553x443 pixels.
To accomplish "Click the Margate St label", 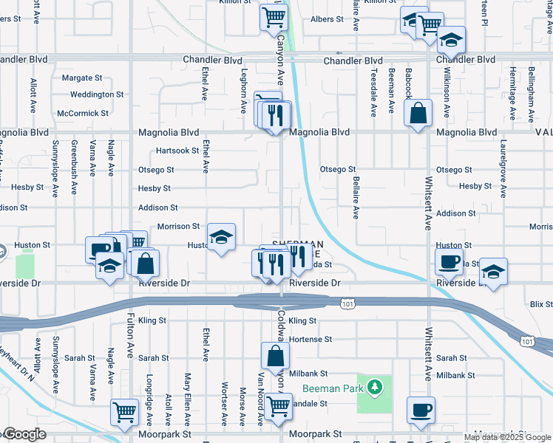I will (82, 78).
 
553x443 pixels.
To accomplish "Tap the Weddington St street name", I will (97, 95).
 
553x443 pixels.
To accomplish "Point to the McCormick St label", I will (83, 113).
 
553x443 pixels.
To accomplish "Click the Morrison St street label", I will (177, 226).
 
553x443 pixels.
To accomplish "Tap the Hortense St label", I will (311, 339).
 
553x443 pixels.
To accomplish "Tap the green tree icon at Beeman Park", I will (376, 386).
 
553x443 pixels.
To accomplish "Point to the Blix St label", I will (541, 304).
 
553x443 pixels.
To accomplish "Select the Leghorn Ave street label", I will (243, 91).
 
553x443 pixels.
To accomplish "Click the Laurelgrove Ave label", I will (503, 168).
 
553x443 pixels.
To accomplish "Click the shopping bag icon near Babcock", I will (418, 114).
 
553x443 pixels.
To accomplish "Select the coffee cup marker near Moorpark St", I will (421, 410).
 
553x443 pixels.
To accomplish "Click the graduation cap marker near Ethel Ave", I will (220, 237).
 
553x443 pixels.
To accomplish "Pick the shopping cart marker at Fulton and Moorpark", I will (125, 411).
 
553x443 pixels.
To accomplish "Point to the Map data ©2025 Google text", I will (507, 437).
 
